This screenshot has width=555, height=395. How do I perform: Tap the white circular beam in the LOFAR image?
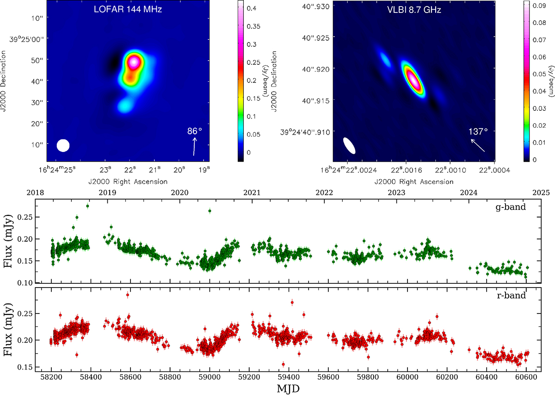click(63, 145)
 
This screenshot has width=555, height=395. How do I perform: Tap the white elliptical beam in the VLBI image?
click(350, 145)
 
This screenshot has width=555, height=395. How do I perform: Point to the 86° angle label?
click(195, 131)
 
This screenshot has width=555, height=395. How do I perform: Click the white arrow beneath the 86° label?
click(195, 145)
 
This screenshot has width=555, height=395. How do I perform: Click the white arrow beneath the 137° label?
click(478, 145)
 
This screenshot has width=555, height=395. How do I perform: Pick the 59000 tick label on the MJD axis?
click(210, 377)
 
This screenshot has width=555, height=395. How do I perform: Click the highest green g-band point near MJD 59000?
click(210, 211)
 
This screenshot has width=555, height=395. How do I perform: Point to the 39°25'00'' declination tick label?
click(28, 40)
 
